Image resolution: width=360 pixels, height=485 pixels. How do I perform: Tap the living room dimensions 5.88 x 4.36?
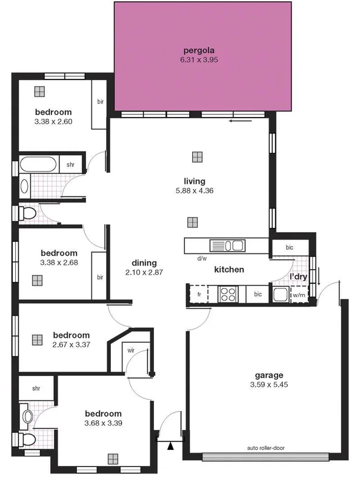(195, 190)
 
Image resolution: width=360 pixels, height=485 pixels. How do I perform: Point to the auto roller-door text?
(266, 449)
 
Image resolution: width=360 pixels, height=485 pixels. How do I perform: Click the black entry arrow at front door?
(171, 447)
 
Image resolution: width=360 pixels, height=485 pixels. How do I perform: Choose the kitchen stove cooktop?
(228, 294)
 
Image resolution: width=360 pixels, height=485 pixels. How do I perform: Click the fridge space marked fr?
(199, 294)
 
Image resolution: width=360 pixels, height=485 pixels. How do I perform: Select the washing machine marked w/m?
(299, 296)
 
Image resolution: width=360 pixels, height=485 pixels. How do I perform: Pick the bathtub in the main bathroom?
(38, 164)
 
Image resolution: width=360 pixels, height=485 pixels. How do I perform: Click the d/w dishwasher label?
(202, 258)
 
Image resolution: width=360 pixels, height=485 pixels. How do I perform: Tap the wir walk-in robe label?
(130, 350)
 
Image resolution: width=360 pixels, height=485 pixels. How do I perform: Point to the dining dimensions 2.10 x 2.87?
(144, 272)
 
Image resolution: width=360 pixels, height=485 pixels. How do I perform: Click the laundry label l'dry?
(298, 276)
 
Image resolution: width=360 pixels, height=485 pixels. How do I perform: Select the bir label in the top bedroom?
(100, 102)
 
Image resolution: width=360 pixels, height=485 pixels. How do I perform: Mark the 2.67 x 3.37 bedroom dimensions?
(71, 344)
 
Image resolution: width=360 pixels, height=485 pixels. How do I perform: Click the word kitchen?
(228, 269)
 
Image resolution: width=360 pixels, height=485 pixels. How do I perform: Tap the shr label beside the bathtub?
(70, 164)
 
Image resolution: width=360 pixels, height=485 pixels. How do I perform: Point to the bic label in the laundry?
(289, 248)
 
